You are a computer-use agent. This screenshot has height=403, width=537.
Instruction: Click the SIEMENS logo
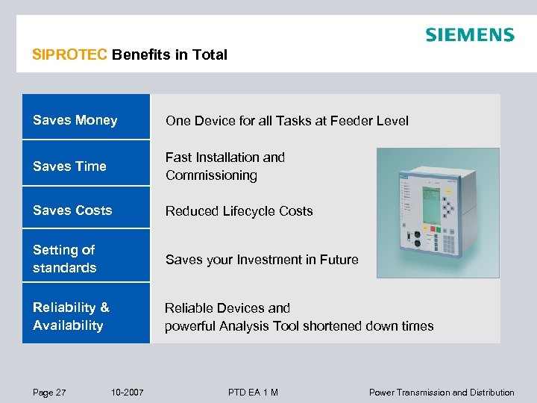469,34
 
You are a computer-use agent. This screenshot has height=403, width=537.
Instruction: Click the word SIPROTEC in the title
70,54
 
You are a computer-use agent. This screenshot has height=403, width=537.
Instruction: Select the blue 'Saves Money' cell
86,120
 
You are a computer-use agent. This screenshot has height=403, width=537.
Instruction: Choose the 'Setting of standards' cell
86,258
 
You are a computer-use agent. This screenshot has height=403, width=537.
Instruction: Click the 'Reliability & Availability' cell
86,316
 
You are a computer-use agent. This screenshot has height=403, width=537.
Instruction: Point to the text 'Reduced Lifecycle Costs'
239,211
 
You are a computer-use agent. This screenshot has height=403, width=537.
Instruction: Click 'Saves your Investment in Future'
261,260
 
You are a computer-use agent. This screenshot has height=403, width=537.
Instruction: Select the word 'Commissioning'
211,175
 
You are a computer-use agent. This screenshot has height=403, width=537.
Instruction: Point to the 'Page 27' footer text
49,393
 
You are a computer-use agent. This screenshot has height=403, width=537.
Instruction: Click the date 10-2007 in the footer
127,393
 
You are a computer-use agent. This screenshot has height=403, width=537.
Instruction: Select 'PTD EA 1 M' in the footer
253,393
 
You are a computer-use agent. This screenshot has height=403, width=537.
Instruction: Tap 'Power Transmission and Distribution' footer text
442,393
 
